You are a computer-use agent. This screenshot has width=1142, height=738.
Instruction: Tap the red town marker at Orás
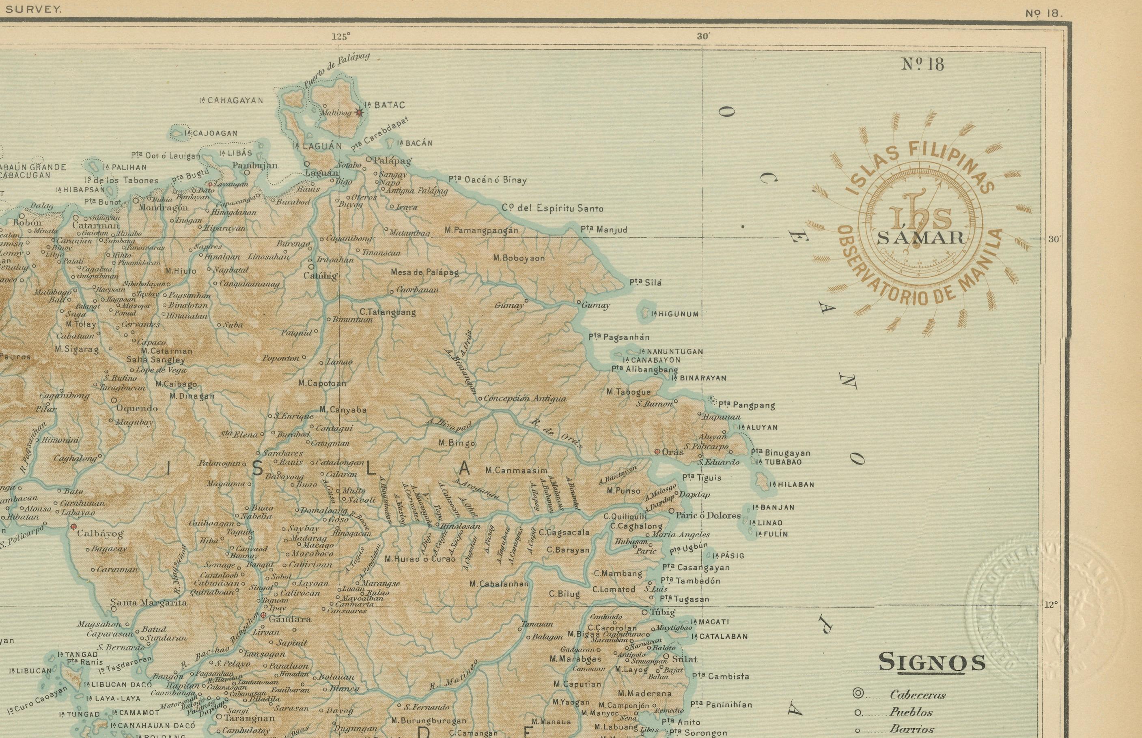tap(657, 451)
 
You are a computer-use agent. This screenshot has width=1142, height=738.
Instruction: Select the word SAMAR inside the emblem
tap(920, 238)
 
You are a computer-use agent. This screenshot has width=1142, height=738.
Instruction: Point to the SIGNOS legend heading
tap(931, 662)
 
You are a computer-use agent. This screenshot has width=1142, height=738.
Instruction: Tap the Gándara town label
tap(290, 619)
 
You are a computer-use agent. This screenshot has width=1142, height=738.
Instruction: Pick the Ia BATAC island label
tap(385, 105)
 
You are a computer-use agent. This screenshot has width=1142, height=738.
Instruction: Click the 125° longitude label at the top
tap(340, 36)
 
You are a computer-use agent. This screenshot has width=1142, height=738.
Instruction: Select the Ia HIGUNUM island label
tap(675, 314)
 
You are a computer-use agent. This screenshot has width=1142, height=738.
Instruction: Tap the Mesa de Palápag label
tap(424, 272)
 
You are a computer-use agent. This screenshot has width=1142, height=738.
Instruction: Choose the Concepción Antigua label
tap(525, 398)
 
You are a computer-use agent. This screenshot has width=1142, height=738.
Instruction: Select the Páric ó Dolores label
tap(708, 516)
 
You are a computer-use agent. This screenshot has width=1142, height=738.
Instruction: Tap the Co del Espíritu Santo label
tap(552, 208)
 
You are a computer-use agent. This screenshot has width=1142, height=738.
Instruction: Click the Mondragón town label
tap(163, 208)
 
